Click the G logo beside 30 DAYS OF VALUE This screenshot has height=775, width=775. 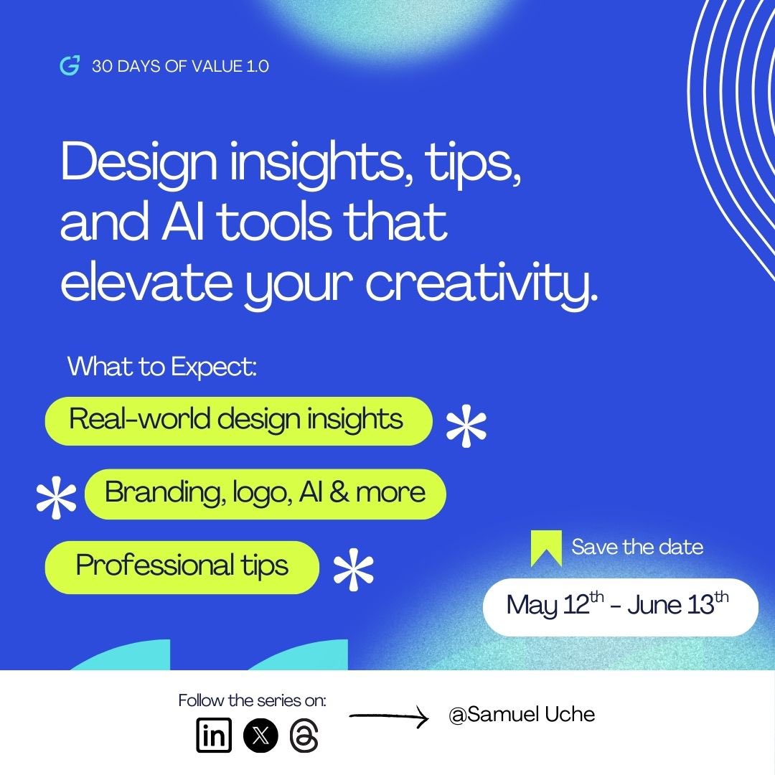tap(70, 66)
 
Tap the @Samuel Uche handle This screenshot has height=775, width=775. tap(522, 715)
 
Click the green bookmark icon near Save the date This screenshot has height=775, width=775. tap(546, 548)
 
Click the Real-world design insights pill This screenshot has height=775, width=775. tap(238, 421)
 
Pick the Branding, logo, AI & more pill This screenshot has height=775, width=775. tap(265, 493)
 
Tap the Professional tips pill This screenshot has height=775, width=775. tap(182, 567)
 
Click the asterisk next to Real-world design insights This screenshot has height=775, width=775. tap(466, 428)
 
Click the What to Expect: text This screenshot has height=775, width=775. tap(161, 367)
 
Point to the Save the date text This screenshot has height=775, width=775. tap(637, 547)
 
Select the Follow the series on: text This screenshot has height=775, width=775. tap(252, 700)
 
